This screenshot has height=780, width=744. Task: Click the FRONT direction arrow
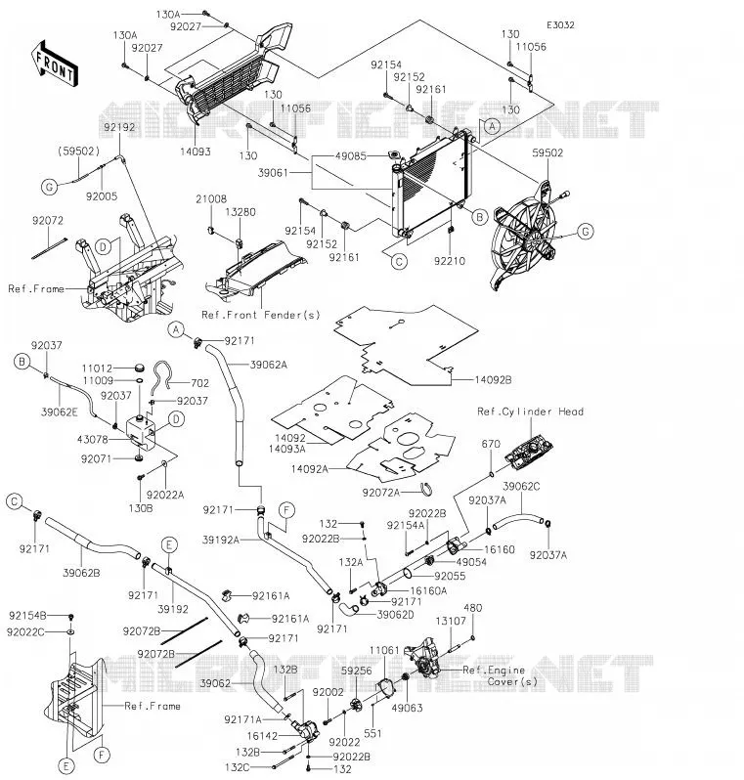coord(55,64)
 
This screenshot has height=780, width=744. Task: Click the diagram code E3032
coord(560,24)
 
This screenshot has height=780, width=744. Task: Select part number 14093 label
coord(196,152)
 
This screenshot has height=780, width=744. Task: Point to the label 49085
coord(350,155)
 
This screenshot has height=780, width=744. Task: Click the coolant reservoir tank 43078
coord(141,430)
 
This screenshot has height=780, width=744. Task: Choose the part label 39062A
coord(268,365)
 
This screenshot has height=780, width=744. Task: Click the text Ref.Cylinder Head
coord(530,412)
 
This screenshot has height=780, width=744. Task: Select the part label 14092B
coord(493,380)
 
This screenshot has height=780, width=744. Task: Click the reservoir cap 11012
coord(141,368)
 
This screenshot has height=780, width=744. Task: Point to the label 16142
coord(262,735)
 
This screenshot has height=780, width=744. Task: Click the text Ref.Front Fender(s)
coord(261,315)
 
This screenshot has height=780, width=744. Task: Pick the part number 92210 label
coord(450,261)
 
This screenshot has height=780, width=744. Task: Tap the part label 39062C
coord(521,486)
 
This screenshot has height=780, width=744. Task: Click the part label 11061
coord(384,650)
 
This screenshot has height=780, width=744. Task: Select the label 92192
coord(119,127)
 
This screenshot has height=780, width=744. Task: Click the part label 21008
coord(211,199)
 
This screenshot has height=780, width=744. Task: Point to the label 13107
coord(451,621)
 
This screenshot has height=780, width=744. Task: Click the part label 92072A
coord(380,493)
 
